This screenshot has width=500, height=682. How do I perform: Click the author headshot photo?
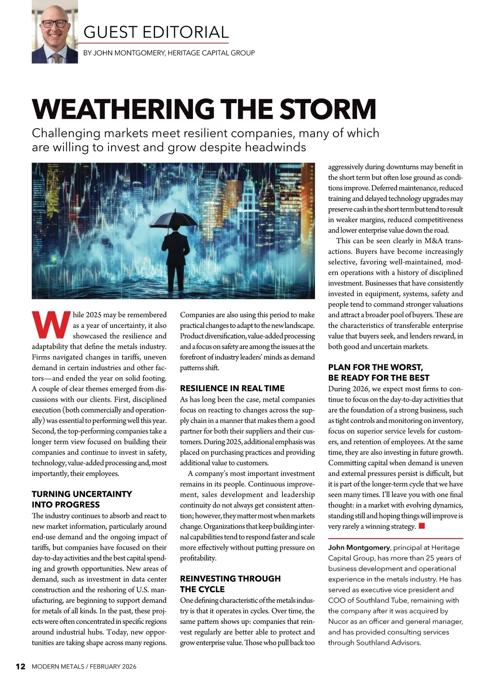click(x=55, y=32)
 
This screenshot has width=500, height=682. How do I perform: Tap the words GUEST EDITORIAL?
click(x=156, y=32)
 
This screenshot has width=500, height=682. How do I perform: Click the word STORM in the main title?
click(x=328, y=109)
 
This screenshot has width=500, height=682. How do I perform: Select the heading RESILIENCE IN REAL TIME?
click(x=232, y=388)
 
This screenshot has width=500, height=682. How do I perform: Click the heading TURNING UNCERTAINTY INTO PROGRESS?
click(x=82, y=499)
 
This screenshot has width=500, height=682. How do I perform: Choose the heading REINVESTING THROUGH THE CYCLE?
click(x=230, y=584)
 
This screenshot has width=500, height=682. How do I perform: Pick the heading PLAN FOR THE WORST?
click(x=375, y=367)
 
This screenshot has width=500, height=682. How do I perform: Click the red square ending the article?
click(x=422, y=526)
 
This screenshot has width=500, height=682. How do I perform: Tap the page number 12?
click(x=20, y=667)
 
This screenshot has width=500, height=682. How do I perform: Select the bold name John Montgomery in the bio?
click(x=359, y=548)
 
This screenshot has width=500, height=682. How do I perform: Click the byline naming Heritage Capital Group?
click(x=169, y=53)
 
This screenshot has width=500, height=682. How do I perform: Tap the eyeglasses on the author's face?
click(x=55, y=24)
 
